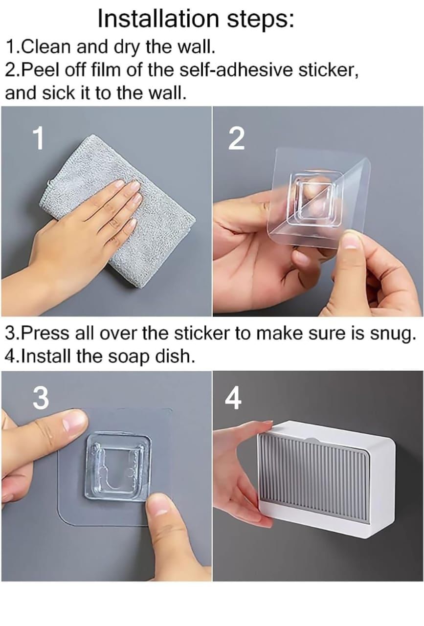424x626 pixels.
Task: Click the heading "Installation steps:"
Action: click(x=196, y=18)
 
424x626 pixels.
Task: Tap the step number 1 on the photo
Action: click(x=38, y=139)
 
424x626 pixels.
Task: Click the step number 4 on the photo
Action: click(x=233, y=400)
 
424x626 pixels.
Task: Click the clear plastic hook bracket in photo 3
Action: click(x=117, y=467)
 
